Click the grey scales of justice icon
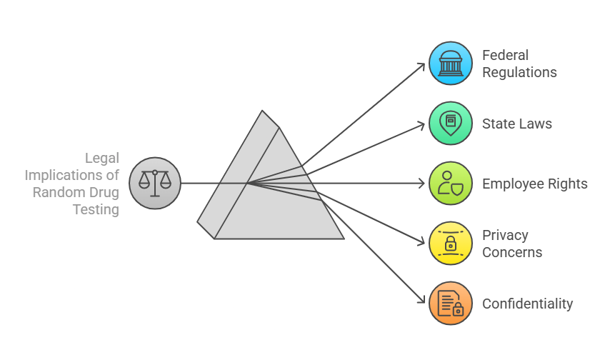click(x=155, y=184)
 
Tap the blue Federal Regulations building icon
click(x=450, y=64)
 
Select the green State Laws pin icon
click(x=450, y=124)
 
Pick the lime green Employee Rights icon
click(x=450, y=184)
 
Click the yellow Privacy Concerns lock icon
click(x=450, y=244)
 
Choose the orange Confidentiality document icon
click(x=450, y=304)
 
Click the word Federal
click(x=505, y=55)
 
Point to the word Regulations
click(x=519, y=72)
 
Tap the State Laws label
click(x=516, y=124)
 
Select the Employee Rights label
click(x=534, y=184)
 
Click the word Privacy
click(x=505, y=235)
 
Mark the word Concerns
click(x=511, y=252)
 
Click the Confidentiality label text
click(x=527, y=304)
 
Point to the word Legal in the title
click(x=102, y=158)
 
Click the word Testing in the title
click(x=96, y=209)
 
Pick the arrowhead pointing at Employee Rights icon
click(x=421, y=184)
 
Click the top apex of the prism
click(x=263, y=111)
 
